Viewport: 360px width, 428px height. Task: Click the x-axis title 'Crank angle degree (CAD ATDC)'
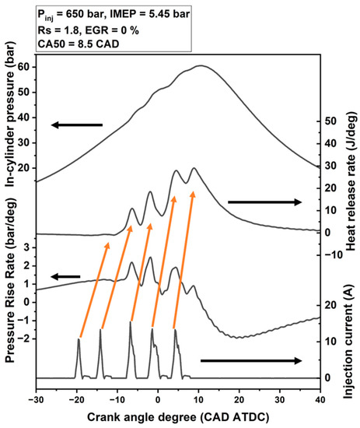[178, 417]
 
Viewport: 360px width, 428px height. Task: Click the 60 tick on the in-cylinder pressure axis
[23, 67]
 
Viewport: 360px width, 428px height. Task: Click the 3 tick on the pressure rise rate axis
[25, 247]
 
